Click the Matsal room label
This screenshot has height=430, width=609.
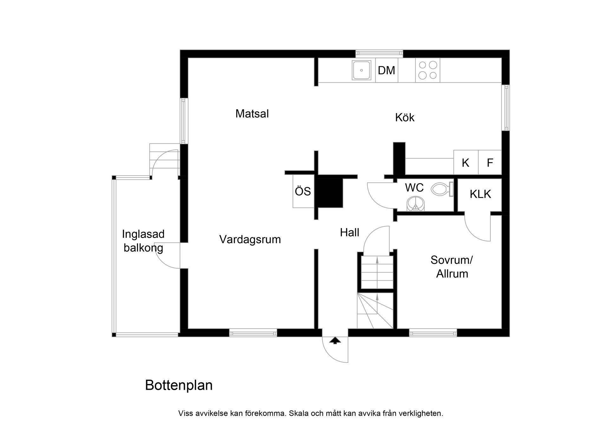pyautogui.click(x=252, y=113)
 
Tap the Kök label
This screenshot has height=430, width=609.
pyautogui.click(x=405, y=118)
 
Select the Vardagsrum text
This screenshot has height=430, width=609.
pyautogui.click(x=250, y=239)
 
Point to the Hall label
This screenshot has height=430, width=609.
pyautogui.click(x=350, y=233)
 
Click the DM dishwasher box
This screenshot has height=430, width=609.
pyautogui.click(x=386, y=70)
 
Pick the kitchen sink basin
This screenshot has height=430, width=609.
pyautogui.click(x=361, y=70)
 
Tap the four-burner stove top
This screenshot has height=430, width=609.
pyautogui.click(x=428, y=70)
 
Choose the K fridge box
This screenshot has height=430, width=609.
pyautogui.click(x=465, y=163)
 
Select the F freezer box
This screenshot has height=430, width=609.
pyautogui.click(x=490, y=163)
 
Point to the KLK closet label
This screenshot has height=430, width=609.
pyautogui.click(x=480, y=194)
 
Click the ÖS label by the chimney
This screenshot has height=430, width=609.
pyautogui.click(x=303, y=191)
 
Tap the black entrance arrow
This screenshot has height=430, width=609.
pyautogui.click(x=335, y=341)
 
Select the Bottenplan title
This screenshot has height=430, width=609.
pyautogui.click(x=179, y=385)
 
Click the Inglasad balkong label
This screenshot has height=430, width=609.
pyautogui.click(x=143, y=241)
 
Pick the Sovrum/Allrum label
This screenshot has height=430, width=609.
pyautogui.click(x=452, y=267)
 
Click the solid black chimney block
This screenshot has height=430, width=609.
pyautogui.click(x=330, y=193)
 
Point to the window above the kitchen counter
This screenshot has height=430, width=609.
pyautogui.click(x=379, y=54)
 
